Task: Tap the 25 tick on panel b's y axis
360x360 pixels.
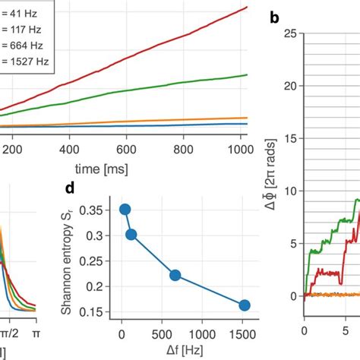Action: coord(289,33)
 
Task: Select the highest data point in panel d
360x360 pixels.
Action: coord(125,210)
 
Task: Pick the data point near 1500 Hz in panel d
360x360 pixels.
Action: coord(244,305)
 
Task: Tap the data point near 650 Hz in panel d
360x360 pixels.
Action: coord(175,275)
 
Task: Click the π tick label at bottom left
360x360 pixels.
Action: coord(36,333)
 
